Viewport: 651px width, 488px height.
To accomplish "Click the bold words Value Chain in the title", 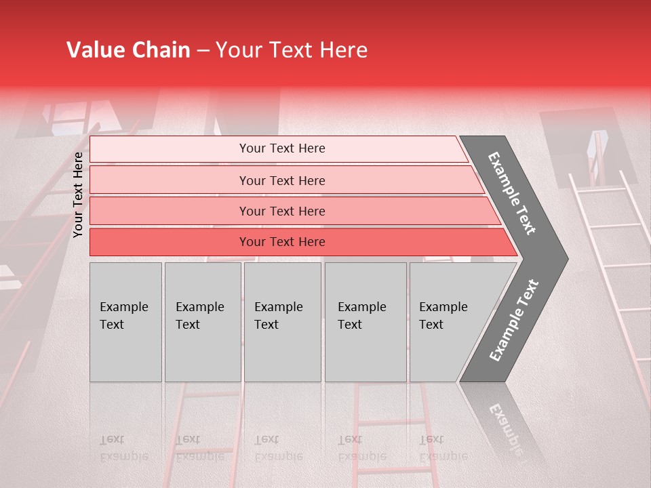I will tap(128, 50).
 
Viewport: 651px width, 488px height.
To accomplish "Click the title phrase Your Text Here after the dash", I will tap(292, 50).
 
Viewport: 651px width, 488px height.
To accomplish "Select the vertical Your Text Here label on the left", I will tap(78, 195).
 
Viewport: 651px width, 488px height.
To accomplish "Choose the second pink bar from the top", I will tap(281, 180).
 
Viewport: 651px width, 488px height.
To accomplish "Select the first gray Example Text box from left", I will tap(125, 322).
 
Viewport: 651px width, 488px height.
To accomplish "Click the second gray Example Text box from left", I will tap(202, 322).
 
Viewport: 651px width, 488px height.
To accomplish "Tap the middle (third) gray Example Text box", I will tap(282, 322).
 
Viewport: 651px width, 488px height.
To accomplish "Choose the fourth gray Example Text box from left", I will tap(365, 322).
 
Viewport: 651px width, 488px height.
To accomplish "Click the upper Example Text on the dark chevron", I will tap(512, 193).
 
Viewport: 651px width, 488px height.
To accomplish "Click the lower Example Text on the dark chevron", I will tap(513, 320).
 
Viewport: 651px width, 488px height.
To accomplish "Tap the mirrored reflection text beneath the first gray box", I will tap(123, 448).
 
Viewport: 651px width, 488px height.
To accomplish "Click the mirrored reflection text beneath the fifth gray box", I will tap(443, 448).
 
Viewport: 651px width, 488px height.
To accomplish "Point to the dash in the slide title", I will tap(203, 51).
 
